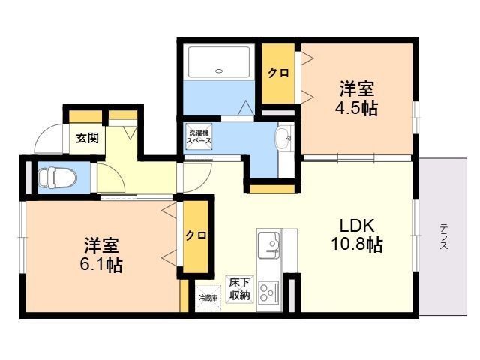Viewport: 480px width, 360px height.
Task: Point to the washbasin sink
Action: click(x=282, y=138)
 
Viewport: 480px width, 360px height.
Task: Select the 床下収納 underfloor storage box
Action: click(x=240, y=289)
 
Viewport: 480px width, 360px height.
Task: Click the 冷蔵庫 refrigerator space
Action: click(x=206, y=297)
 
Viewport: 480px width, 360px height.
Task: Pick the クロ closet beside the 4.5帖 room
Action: click(x=279, y=73)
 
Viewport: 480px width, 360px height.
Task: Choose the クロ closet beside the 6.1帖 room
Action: click(x=196, y=235)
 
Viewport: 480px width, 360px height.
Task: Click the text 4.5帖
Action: click(x=356, y=106)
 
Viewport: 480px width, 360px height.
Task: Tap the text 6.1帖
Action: click(x=100, y=264)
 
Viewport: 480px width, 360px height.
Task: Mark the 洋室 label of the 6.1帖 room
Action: click(x=101, y=244)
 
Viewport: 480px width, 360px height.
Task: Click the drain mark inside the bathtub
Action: click(x=218, y=71)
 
